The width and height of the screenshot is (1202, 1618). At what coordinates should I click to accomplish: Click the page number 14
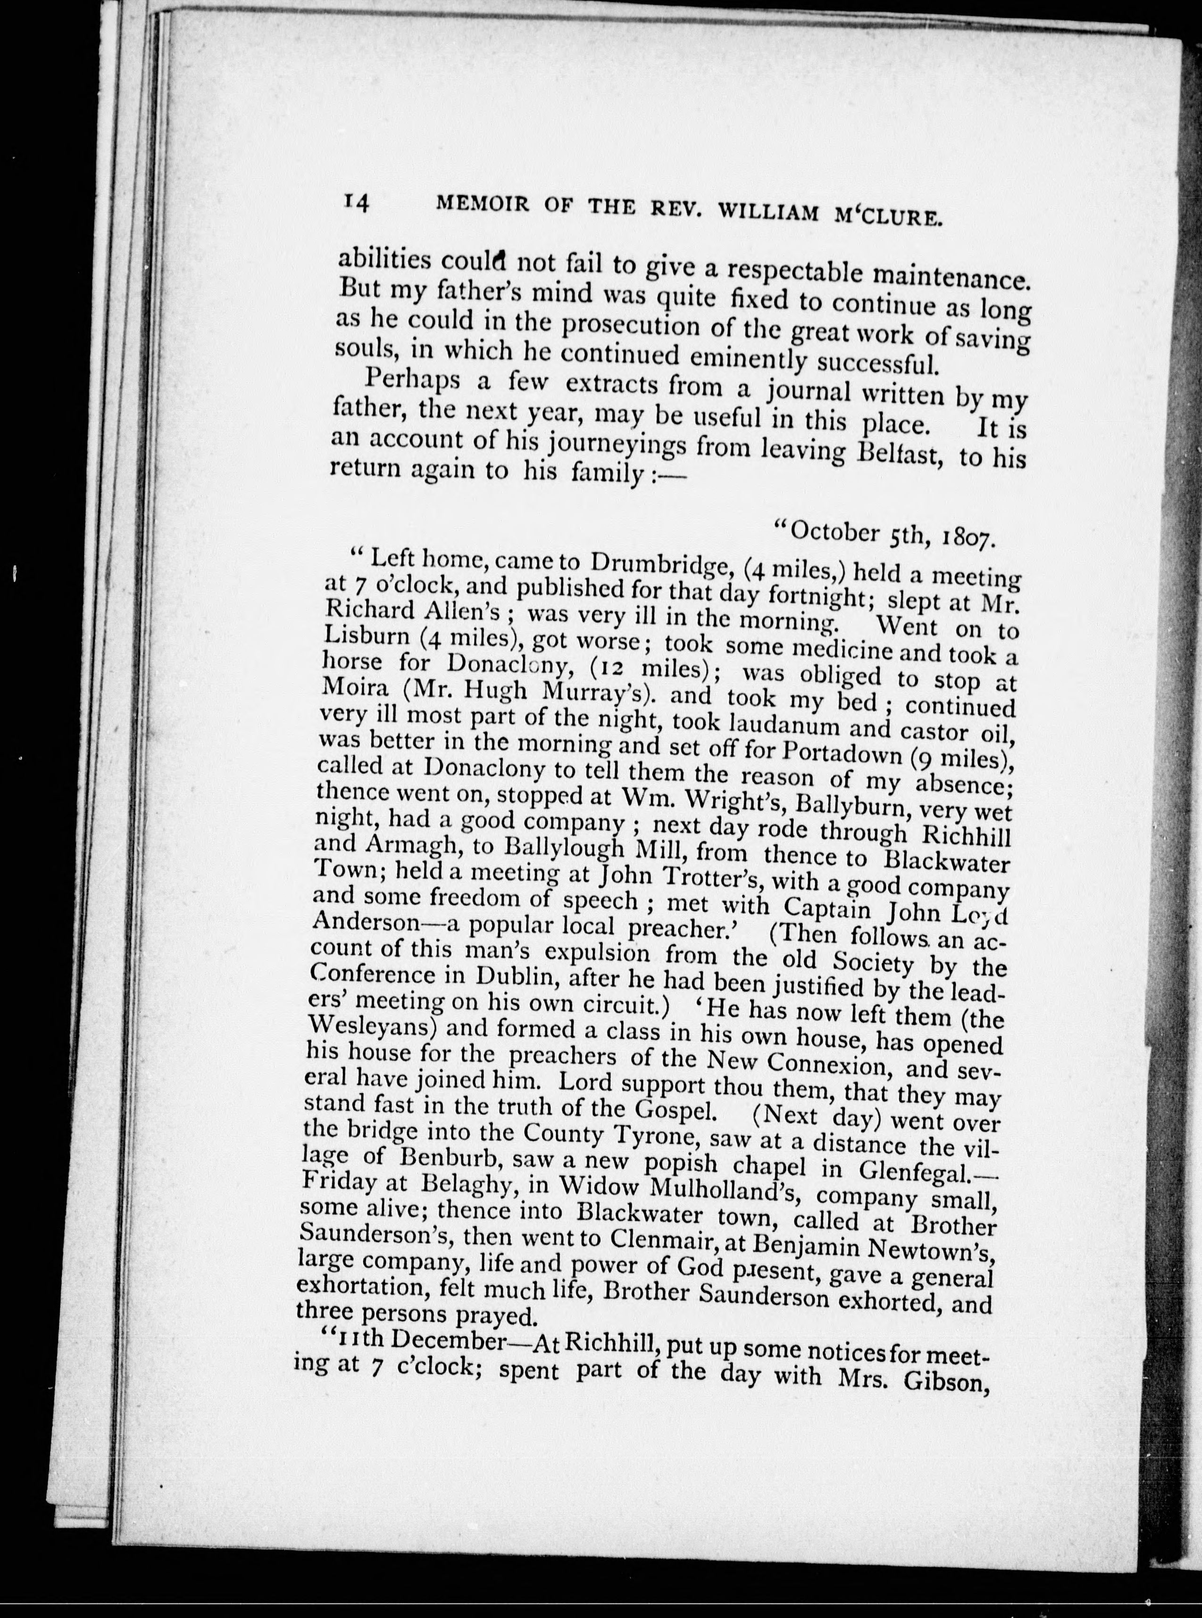point(357,202)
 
